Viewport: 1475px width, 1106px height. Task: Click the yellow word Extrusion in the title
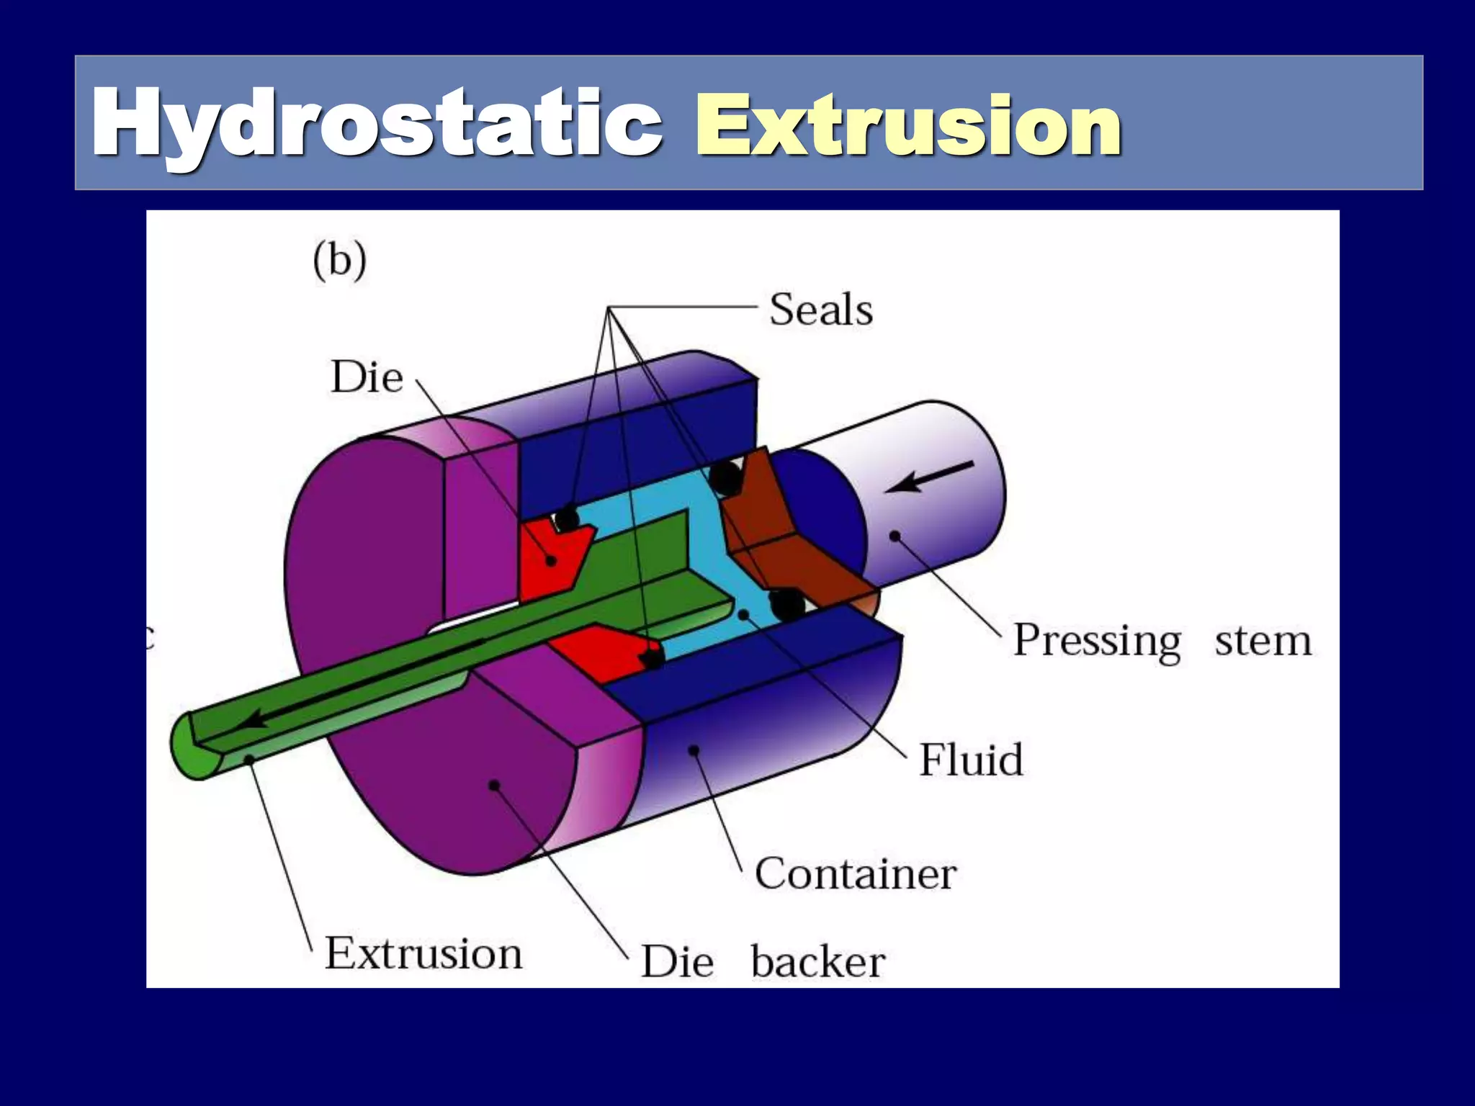click(907, 127)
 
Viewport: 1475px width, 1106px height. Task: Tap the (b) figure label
click(339, 261)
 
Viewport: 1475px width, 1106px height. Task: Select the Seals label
click(821, 310)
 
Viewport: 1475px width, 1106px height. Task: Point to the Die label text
click(367, 377)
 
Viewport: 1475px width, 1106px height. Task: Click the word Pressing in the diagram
click(1097, 640)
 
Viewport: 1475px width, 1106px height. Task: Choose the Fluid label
click(971, 760)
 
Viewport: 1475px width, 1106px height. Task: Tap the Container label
click(856, 873)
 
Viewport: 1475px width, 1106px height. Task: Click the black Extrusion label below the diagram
click(423, 953)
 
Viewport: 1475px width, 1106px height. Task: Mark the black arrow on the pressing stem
click(929, 477)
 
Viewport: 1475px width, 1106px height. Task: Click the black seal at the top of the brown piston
click(725, 476)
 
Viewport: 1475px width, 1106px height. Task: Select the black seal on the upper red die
click(567, 518)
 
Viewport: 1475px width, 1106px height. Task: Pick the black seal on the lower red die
click(652, 657)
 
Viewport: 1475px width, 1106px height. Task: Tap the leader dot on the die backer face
click(494, 785)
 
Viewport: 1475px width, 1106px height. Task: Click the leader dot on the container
click(694, 750)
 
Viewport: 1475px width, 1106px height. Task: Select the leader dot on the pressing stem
click(895, 536)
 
